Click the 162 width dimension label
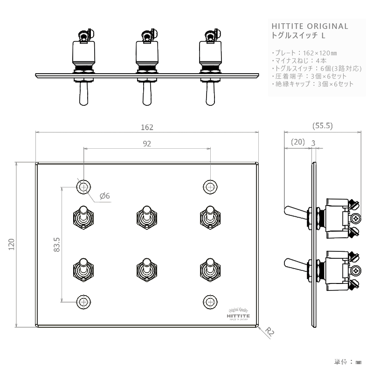pos(147,127)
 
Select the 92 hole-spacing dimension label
pos(147,144)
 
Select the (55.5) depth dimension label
pos(322,126)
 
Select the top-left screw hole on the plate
pos(83,187)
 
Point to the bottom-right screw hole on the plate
pos(210,301)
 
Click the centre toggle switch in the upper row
pos(146,217)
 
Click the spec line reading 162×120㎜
pos(302,53)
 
